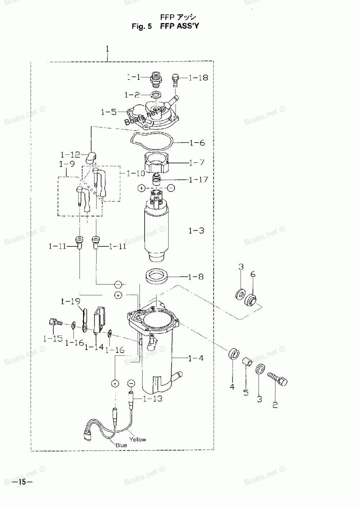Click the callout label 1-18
(198, 77)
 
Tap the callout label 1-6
(197, 143)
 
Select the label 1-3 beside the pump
(196, 230)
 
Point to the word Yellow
(138, 439)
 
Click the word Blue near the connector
(121, 445)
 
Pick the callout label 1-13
(152, 399)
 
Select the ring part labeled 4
(233, 353)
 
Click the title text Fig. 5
(143, 26)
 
